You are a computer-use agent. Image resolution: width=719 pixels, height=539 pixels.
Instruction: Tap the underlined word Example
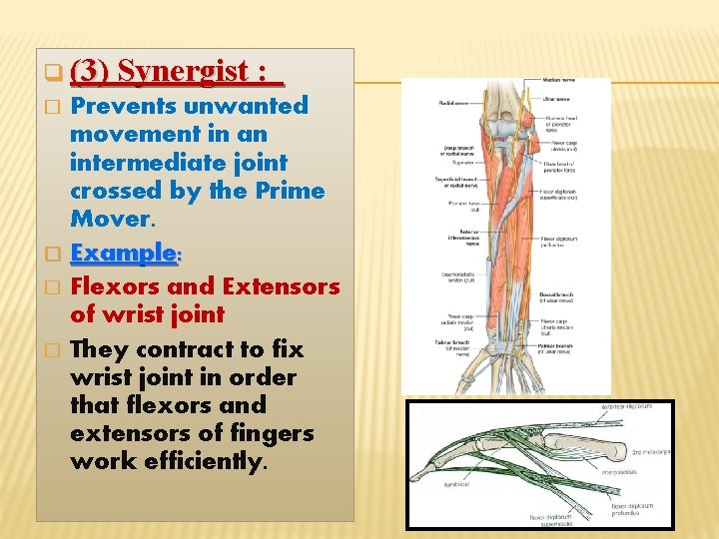[122, 253]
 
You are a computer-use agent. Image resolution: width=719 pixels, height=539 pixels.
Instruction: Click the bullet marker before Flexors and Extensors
[56, 287]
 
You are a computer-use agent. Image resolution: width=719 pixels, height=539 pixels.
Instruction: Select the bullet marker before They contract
[56, 350]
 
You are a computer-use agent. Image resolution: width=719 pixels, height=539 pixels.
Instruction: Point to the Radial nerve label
[453, 102]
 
